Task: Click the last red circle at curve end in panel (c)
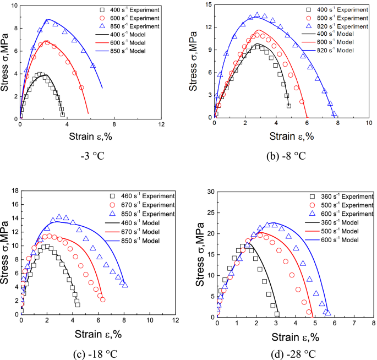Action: point(103,299)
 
